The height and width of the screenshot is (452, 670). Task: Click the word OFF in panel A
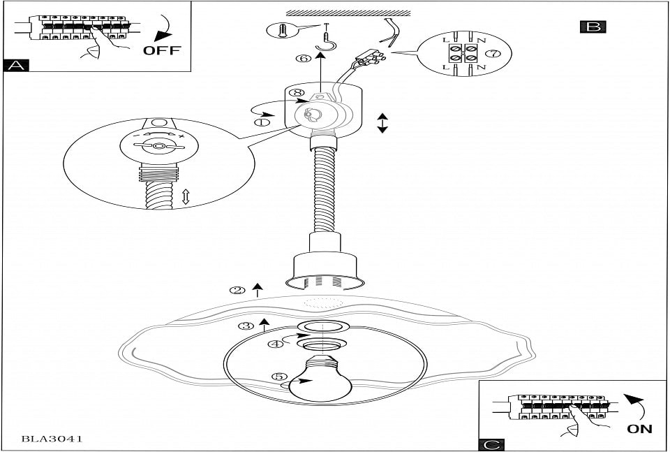[x=161, y=50]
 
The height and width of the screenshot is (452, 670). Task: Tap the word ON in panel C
[x=639, y=429]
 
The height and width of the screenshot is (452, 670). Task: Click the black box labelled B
[x=593, y=27]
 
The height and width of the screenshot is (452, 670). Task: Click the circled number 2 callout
[x=238, y=290]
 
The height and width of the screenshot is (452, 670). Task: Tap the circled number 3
[x=246, y=326]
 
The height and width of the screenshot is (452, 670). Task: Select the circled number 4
[x=278, y=343]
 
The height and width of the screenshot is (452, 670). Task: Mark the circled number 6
[x=303, y=59]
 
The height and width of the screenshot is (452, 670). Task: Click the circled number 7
[x=493, y=53]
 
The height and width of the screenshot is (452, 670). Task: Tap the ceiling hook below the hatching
[x=326, y=45]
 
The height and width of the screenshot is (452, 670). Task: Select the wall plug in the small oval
[x=281, y=29]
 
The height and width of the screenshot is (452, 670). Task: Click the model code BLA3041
[x=52, y=439]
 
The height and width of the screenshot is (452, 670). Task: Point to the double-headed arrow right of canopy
[x=382, y=123]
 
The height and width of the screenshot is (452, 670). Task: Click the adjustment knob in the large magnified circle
[x=160, y=146]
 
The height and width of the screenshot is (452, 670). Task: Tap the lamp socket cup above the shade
[x=325, y=265]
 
